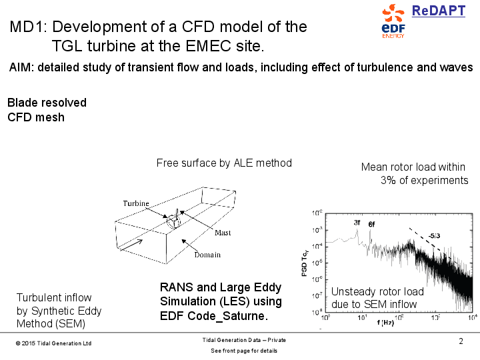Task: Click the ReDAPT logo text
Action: coord(438,11)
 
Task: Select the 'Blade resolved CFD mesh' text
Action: coord(47,110)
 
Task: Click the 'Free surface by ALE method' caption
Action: coord(224,163)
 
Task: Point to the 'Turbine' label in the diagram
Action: coord(136,203)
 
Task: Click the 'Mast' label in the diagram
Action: coord(223,233)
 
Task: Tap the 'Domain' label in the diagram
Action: coord(207,255)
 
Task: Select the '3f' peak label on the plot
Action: coord(357,222)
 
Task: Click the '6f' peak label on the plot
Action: coord(371,225)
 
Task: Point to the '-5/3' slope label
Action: coord(435,235)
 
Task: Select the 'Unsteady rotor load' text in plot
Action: coord(377,292)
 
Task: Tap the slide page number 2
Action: coord(461,342)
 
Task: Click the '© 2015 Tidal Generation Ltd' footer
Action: coord(53,343)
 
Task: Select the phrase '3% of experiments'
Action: coord(424,180)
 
